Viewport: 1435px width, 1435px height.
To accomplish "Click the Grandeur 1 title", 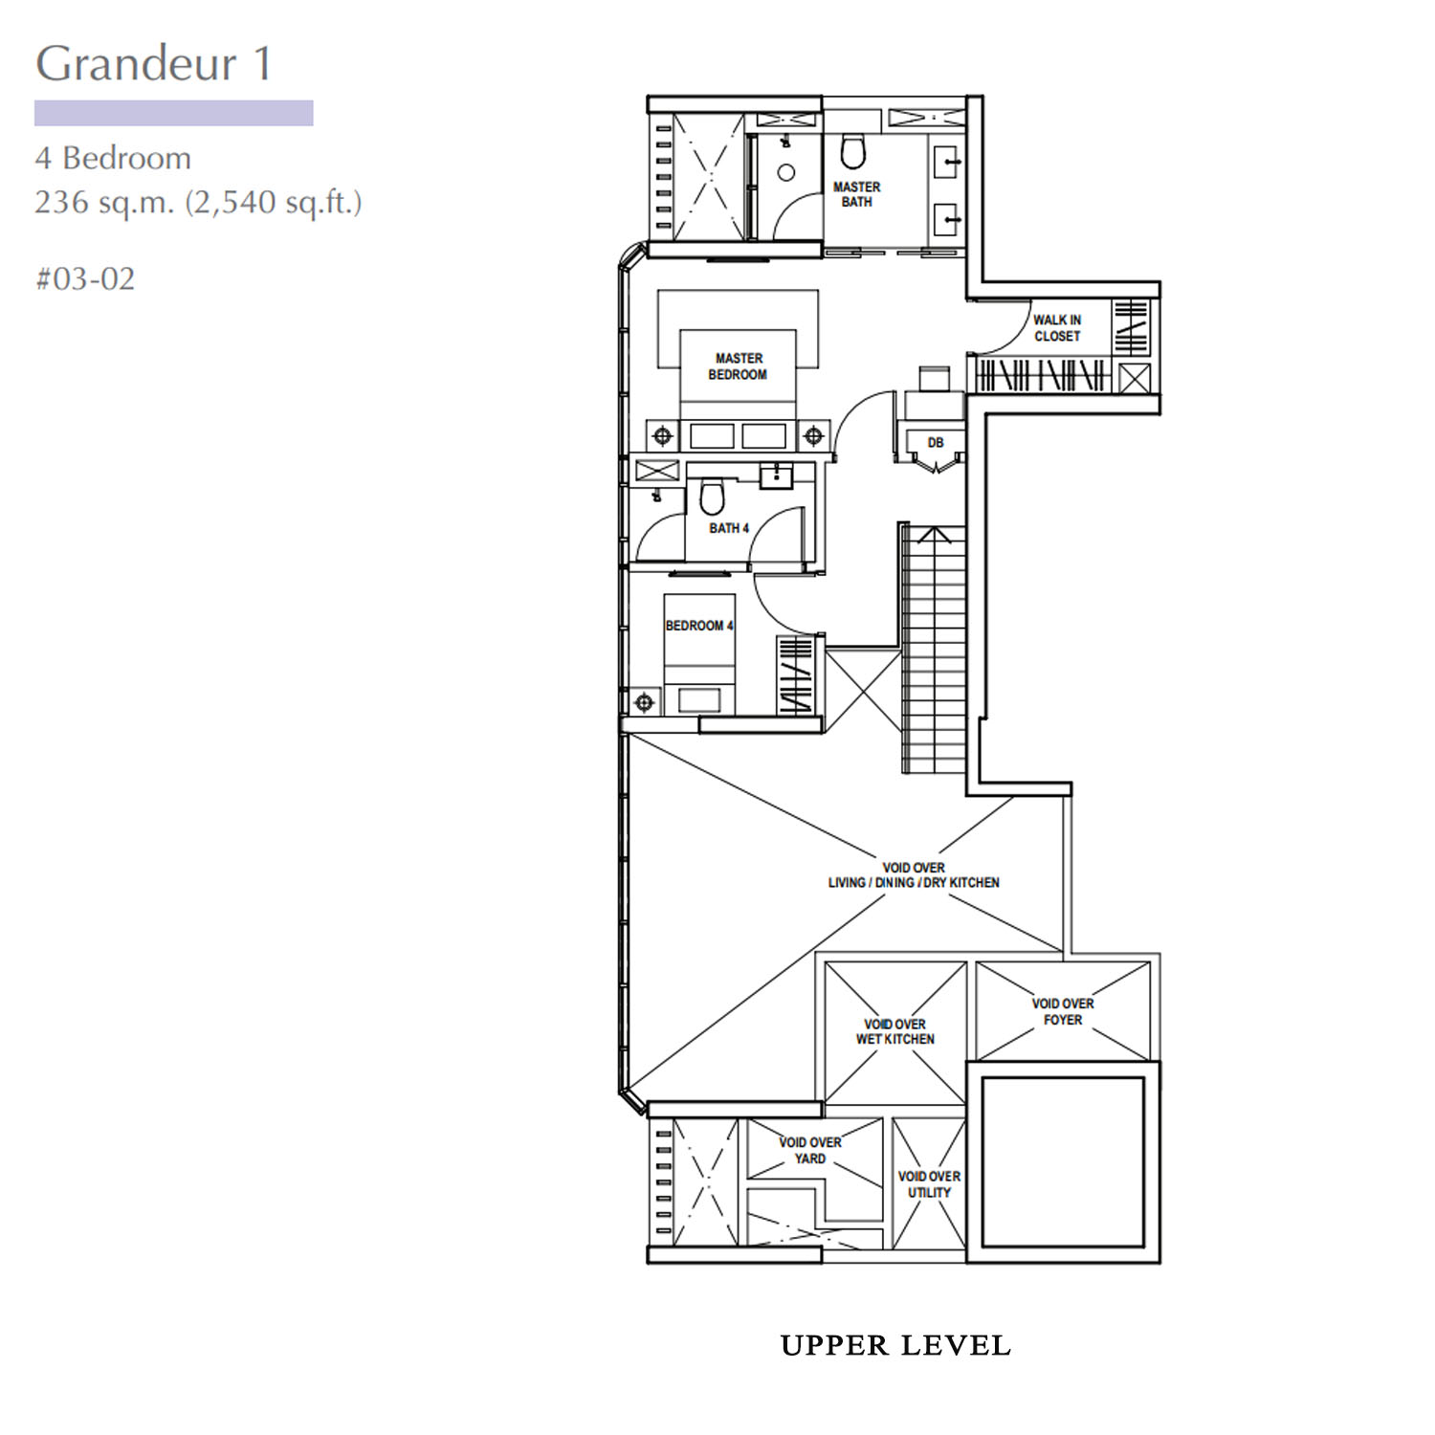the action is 154,64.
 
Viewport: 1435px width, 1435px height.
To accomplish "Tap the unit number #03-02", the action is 85,278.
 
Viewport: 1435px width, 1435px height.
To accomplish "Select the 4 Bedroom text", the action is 113,158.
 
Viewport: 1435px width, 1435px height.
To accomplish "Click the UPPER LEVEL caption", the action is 895,1345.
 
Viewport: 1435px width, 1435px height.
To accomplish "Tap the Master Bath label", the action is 856,194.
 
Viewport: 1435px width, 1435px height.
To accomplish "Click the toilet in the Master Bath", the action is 852,151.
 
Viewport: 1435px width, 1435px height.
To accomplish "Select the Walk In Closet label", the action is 1057,328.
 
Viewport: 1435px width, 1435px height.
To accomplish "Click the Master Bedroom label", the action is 738,366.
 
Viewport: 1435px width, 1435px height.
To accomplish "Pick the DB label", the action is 936,443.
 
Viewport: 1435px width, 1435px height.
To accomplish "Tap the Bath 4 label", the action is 729,528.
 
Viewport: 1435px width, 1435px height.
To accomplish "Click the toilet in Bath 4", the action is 712,497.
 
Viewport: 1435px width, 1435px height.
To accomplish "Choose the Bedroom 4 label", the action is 699,626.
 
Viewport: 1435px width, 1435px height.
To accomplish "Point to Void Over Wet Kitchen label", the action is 895,1031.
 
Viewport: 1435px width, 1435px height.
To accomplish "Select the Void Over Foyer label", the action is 1063,1011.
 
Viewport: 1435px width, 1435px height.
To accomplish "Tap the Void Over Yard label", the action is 810,1150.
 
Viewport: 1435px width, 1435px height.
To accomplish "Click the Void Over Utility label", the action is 929,1184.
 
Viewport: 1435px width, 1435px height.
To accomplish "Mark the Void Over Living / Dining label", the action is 914,875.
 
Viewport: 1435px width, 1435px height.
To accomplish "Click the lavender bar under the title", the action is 174,113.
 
